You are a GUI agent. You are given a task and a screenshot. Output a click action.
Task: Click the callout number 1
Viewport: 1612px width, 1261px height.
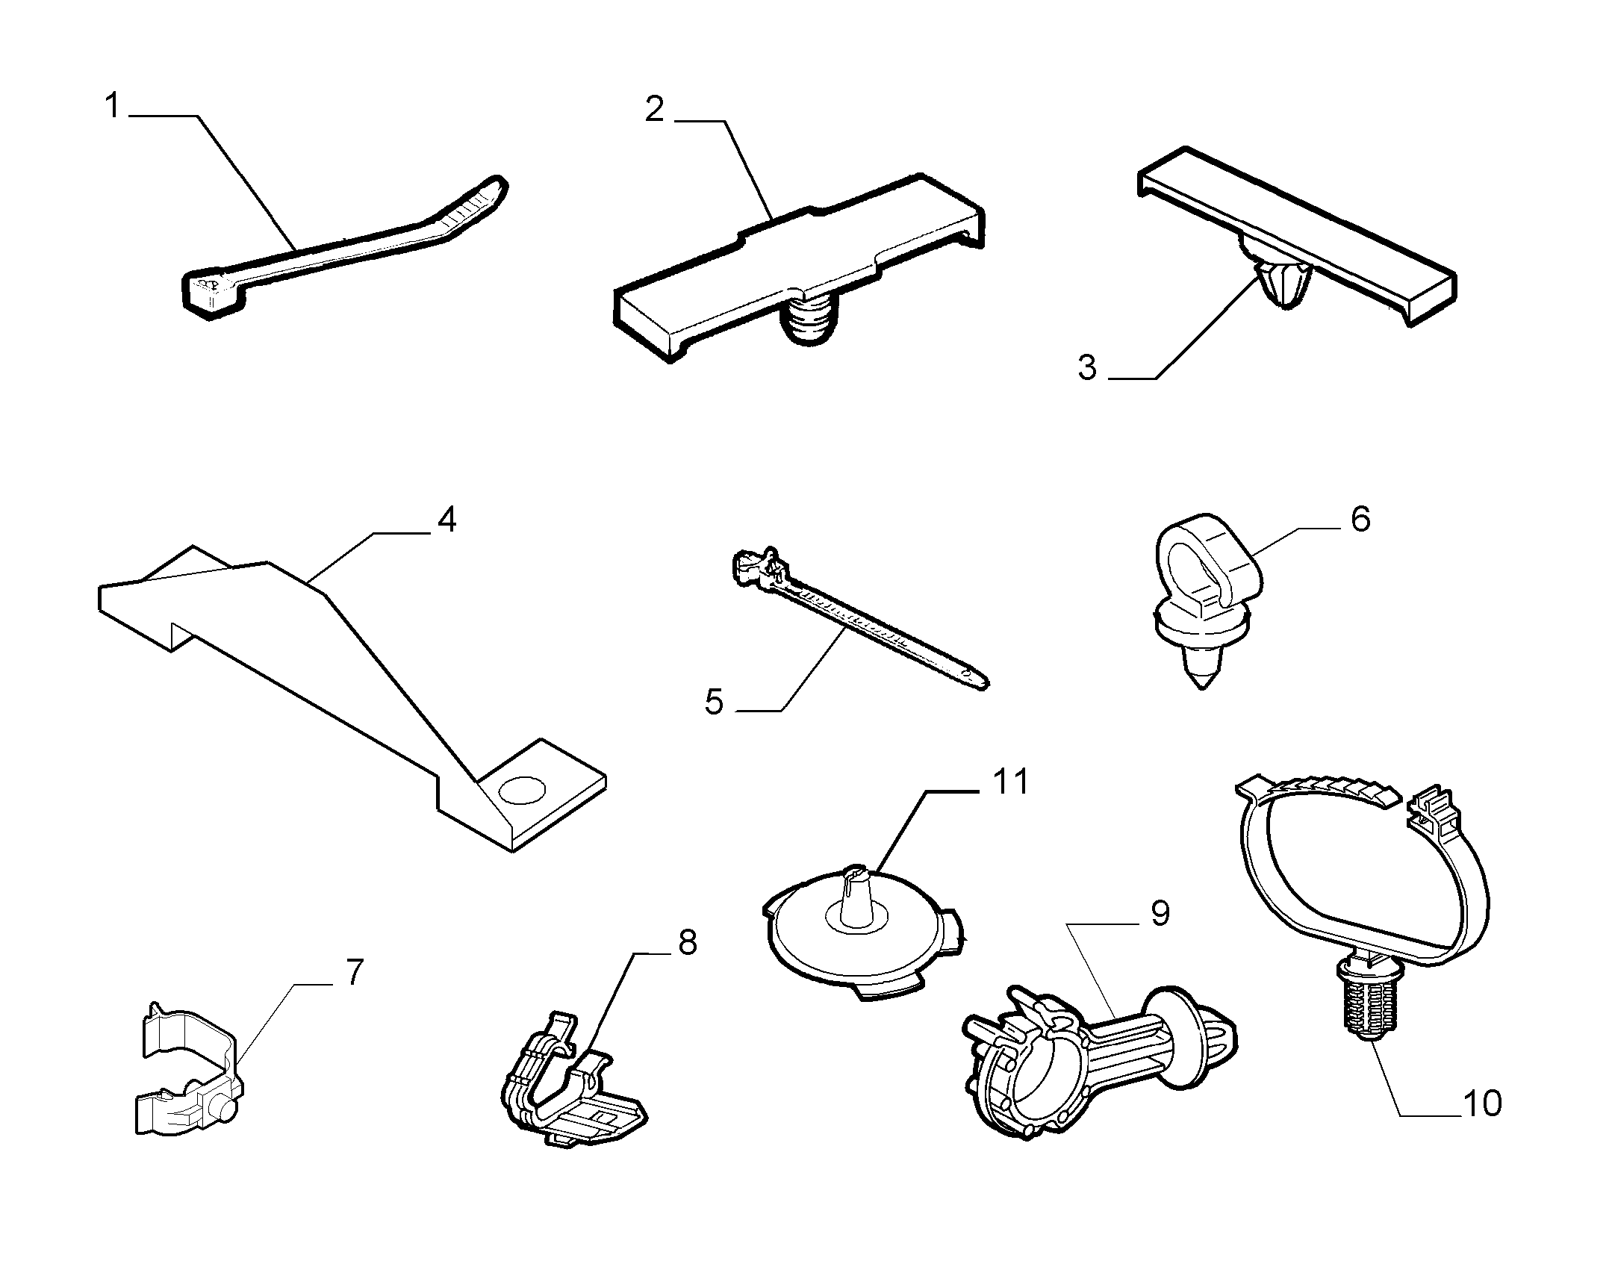(113, 107)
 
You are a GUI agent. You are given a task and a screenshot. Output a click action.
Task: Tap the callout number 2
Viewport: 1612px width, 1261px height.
(655, 110)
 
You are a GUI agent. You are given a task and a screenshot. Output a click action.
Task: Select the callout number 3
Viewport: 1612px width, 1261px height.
(1088, 368)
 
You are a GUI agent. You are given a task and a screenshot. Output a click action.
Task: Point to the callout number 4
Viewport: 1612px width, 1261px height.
(446, 520)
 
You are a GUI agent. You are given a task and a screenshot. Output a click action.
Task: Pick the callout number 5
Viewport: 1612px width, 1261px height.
(715, 702)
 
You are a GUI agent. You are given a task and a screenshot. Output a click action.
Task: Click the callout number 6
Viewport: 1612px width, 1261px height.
(1360, 519)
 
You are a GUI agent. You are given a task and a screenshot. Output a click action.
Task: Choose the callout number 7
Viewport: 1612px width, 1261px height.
(353, 974)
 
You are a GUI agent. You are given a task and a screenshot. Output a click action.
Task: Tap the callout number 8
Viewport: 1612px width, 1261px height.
(687, 944)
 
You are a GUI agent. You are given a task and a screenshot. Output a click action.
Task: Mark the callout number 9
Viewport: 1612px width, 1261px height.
(1159, 913)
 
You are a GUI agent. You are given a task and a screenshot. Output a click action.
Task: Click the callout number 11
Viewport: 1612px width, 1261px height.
(1010, 782)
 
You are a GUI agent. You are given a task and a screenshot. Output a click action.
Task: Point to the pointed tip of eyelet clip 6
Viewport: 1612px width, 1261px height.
(1201, 685)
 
